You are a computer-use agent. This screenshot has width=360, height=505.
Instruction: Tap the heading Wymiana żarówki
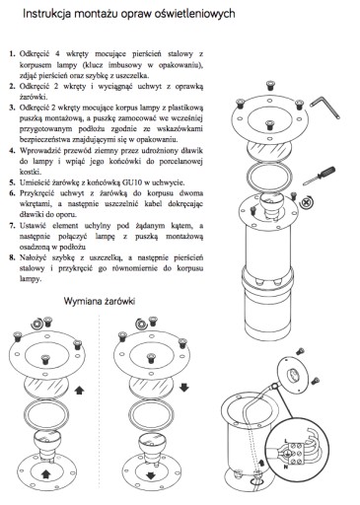click(100, 301)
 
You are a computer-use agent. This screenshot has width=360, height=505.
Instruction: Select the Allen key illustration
click(325, 107)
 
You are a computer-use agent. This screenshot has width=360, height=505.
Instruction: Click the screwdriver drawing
click(320, 176)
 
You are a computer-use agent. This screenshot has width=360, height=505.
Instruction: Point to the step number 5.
click(12, 182)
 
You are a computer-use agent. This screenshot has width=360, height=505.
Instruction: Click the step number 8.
click(12, 257)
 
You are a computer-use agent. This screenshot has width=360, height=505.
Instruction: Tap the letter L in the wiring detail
click(285, 440)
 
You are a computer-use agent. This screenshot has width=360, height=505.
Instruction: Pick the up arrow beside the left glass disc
click(80, 391)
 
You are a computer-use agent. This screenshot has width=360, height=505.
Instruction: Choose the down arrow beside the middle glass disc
click(184, 388)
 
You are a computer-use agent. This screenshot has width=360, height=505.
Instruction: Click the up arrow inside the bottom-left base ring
click(45, 473)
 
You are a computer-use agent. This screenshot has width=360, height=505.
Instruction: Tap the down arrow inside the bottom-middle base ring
click(151, 475)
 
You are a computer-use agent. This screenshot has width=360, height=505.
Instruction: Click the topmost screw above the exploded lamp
click(270, 86)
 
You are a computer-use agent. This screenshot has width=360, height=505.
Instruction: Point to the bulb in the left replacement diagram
click(45, 442)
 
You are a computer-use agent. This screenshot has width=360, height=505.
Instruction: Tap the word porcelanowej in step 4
click(181, 162)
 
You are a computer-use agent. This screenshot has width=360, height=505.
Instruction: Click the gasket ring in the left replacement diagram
click(46, 412)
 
